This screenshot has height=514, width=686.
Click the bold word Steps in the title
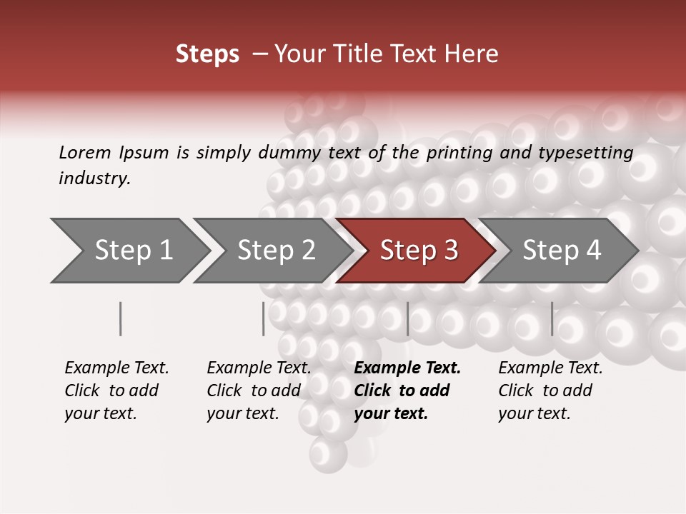tap(207, 54)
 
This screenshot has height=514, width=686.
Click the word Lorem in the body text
tap(84, 152)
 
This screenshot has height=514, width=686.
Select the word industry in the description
tap(94, 178)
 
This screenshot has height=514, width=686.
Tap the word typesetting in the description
tap(585, 153)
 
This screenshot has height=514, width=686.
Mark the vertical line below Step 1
tap(121, 318)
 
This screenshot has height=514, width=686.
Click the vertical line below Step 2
tap(264, 318)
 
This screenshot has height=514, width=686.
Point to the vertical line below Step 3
tap(407, 318)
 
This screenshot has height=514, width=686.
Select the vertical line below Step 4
tap(552, 318)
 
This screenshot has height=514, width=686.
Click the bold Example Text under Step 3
tap(407, 368)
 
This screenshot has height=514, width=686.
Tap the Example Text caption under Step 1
tap(116, 368)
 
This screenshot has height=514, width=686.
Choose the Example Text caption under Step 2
tap(259, 368)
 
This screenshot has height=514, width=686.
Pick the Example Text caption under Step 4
tap(550, 368)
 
